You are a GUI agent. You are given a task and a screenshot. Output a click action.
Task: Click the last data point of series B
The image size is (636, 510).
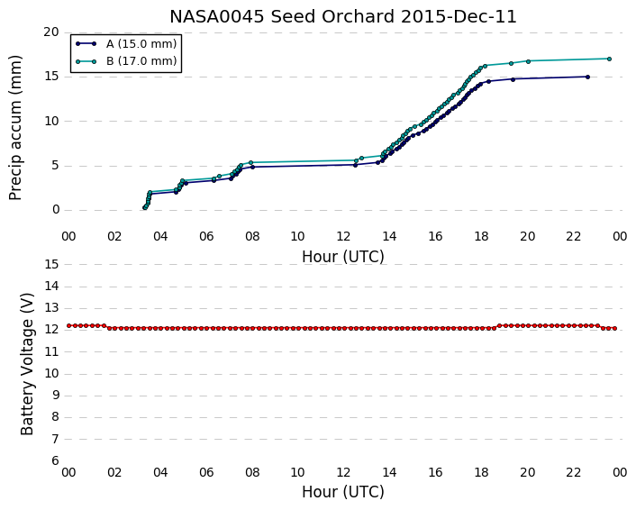[609, 59]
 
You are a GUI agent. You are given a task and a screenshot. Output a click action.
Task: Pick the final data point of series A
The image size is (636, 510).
[587, 77]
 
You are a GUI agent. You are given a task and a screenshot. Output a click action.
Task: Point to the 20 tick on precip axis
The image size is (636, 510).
[51, 32]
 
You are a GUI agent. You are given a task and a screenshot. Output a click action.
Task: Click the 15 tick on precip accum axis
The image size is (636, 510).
[51, 77]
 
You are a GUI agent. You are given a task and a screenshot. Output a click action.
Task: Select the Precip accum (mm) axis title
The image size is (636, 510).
[15, 128]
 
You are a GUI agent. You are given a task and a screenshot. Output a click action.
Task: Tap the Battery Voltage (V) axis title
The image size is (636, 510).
[27, 364]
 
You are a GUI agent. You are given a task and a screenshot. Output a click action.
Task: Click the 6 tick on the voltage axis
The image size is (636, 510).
[55, 461]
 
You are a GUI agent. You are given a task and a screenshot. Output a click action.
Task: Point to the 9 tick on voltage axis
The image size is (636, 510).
[55, 396]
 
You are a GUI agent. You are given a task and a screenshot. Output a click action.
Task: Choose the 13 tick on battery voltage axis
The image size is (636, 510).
[51, 308]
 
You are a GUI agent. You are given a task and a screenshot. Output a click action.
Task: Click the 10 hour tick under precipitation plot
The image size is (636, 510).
[297, 236]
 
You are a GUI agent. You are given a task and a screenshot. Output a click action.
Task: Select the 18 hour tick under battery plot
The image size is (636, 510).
[481, 472]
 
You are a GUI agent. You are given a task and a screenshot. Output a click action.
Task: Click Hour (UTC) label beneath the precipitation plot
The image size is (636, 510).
[343, 257]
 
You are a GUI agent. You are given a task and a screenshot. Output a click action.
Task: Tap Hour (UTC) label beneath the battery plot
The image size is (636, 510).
[343, 492]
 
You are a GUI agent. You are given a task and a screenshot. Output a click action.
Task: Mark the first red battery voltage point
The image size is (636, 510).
[69, 325]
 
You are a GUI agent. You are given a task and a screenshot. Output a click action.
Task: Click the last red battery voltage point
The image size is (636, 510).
[615, 328]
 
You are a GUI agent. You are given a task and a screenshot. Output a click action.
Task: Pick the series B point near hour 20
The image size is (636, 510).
[528, 61]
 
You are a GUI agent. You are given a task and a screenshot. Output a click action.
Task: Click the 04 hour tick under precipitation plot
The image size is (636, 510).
[160, 236]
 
